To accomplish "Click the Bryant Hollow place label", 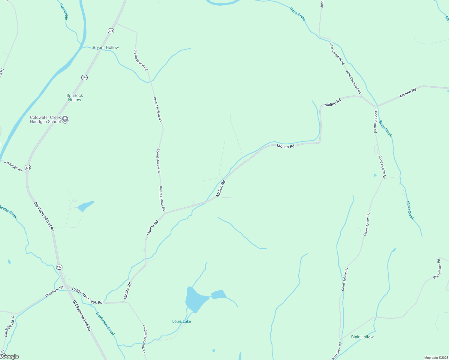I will coord(106,48).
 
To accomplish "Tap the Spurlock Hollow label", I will coord(75,97).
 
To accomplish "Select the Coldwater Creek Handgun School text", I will coord(45,119).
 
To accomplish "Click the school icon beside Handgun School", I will coord(65,119).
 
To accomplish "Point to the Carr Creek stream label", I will coord(64,11).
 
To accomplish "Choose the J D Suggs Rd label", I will coord(13,166).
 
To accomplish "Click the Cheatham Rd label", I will coord(54,291).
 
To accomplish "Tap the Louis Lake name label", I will coord(182,321).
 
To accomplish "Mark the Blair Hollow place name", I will coord(362,337).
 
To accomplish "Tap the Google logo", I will coord(10,356).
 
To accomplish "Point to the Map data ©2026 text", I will coord(436,358).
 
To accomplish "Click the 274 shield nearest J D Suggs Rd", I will coord(28,168).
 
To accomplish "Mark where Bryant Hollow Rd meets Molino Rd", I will coord(165,213).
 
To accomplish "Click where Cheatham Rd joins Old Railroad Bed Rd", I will coord(66,286).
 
